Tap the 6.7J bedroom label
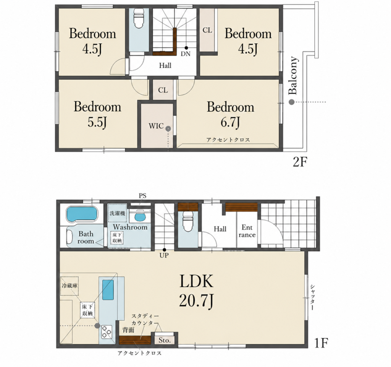tap(230, 114)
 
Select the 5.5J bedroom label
tap(97, 114)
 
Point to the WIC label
tap(156, 126)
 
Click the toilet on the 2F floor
tap(138, 18)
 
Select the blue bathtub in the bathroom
tap(82, 214)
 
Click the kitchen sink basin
tap(108, 290)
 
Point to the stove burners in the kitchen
tap(107, 331)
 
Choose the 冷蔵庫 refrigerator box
tap(70, 286)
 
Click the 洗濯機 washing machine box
tap(118, 213)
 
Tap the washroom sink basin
tap(140, 217)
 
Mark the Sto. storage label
tap(165, 340)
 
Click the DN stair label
tap(186, 54)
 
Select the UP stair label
tap(164, 255)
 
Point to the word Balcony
tap(293, 76)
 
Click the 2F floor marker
tap(299, 162)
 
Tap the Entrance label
tap(247, 231)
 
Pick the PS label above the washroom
tap(143, 196)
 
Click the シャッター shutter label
tap(312, 297)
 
